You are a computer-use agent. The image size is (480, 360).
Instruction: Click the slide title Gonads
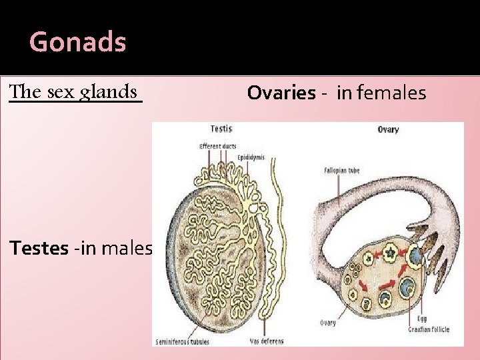[x=77, y=43]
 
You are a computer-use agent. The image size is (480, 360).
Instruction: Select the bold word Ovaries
[x=281, y=93]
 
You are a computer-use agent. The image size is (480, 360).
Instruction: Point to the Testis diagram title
[x=221, y=129]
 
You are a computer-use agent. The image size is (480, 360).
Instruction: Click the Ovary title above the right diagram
[x=388, y=129]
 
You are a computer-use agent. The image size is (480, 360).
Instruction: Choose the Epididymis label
[x=251, y=158]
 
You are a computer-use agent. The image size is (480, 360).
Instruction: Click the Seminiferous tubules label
[x=182, y=342]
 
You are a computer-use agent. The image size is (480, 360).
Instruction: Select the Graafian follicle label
[x=429, y=329]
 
